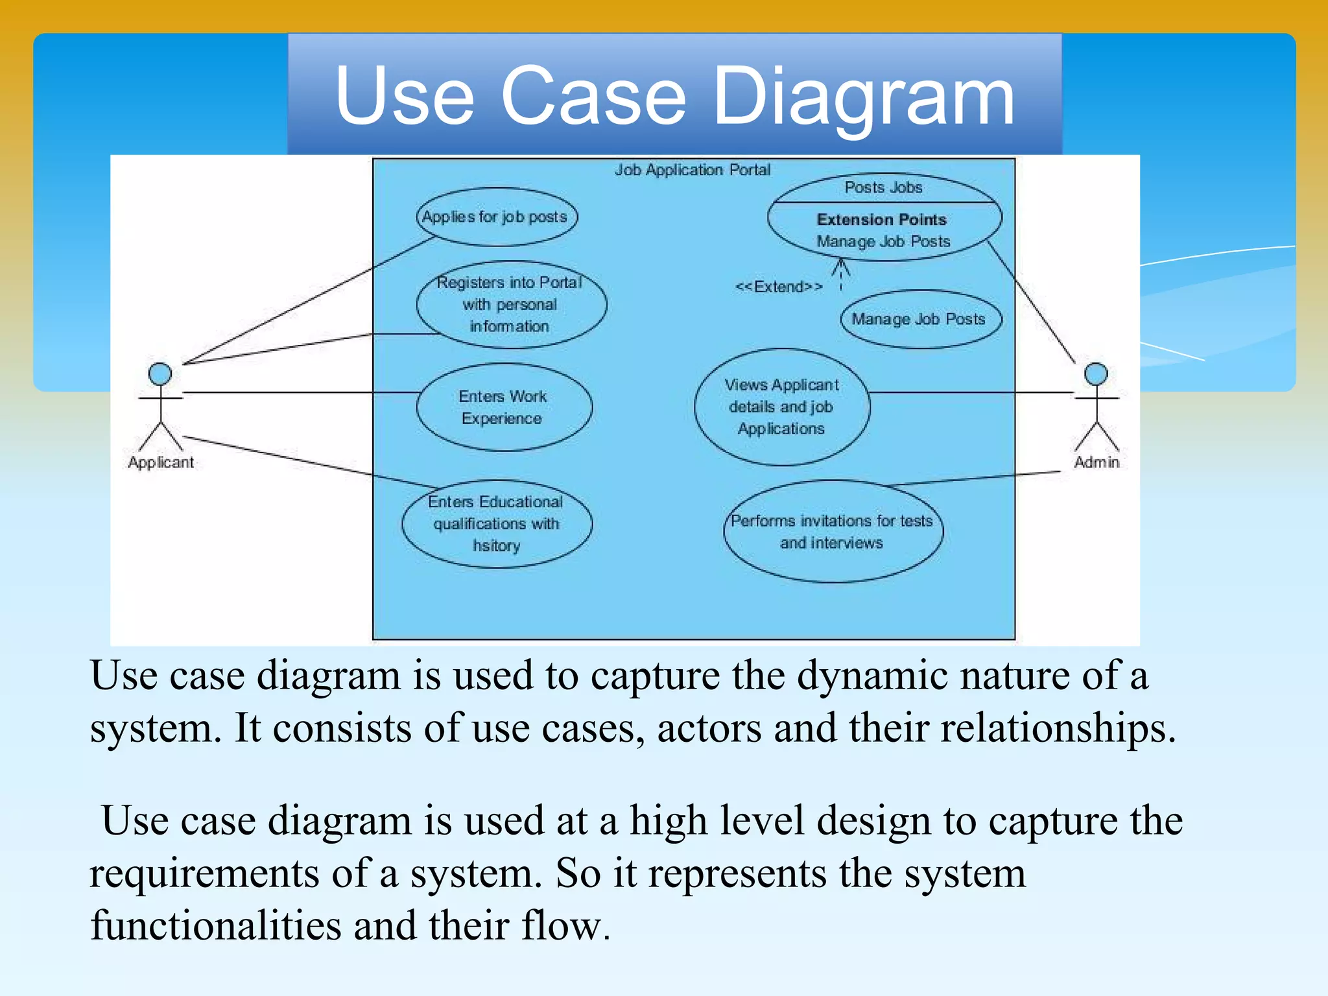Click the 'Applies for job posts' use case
(496, 217)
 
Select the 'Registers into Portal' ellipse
(511, 304)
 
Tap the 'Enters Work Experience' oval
(504, 407)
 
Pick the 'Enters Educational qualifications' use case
(497, 524)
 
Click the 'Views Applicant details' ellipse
(781, 407)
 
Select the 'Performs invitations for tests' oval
(833, 532)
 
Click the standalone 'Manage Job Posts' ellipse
(919, 319)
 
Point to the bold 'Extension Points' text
(882, 220)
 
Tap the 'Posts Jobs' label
(883, 187)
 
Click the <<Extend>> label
(779, 287)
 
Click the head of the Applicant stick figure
(160, 374)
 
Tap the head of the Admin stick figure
(1096, 374)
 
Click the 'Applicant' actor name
(161, 462)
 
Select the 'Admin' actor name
(1097, 462)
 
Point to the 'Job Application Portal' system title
(693, 170)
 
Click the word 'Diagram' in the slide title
(863, 97)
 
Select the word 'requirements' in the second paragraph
(204, 873)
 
